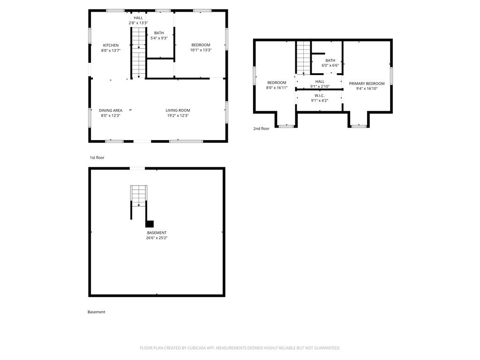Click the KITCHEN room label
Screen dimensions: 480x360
click(x=111, y=45)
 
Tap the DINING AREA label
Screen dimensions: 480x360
click(x=111, y=111)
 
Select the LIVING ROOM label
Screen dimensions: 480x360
click(x=178, y=111)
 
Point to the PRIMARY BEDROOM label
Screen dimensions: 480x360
click(x=367, y=83)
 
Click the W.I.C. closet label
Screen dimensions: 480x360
click(x=320, y=96)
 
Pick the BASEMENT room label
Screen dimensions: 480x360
click(x=157, y=233)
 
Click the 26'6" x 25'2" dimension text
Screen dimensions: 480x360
click(x=157, y=238)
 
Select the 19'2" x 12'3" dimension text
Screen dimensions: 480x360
click(x=178, y=116)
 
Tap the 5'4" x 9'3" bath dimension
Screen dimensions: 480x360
click(x=159, y=38)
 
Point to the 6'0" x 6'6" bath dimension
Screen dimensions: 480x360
click(x=330, y=66)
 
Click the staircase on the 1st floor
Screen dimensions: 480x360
click(x=139, y=52)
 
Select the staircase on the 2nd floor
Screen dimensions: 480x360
click(x=303, y=57)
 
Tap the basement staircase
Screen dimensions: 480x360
click(x=139, y=196)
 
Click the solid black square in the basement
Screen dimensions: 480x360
click(x=150, y=224)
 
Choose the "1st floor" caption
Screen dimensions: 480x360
click(x=97, y=157)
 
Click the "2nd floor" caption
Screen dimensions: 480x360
click(x=262, y=128)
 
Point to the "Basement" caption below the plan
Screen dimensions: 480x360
click(x=97, y=312)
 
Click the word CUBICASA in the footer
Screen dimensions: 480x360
click(x=197, y=348)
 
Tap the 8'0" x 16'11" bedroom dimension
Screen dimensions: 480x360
click(x=277, y=88)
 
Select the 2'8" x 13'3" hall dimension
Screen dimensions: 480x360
click(x=138, y=23)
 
